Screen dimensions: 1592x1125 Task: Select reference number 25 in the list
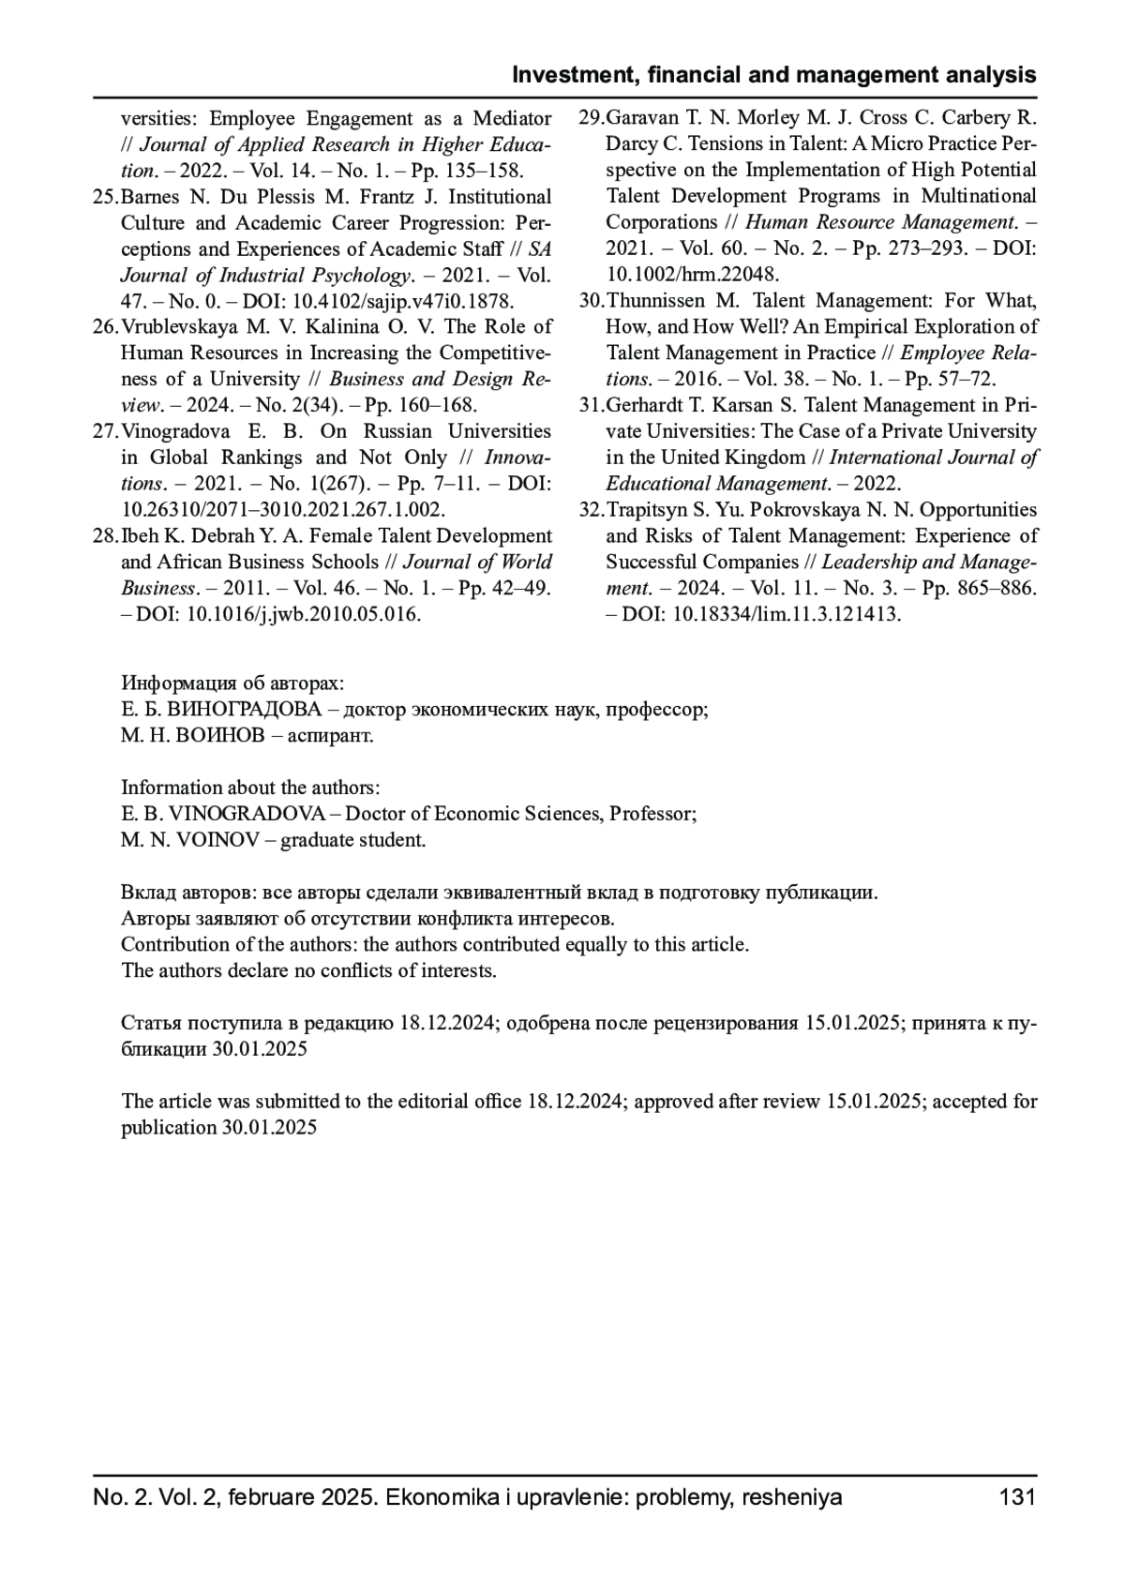tap(105, 197)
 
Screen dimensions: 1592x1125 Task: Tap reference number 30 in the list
tap(591, 301)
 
